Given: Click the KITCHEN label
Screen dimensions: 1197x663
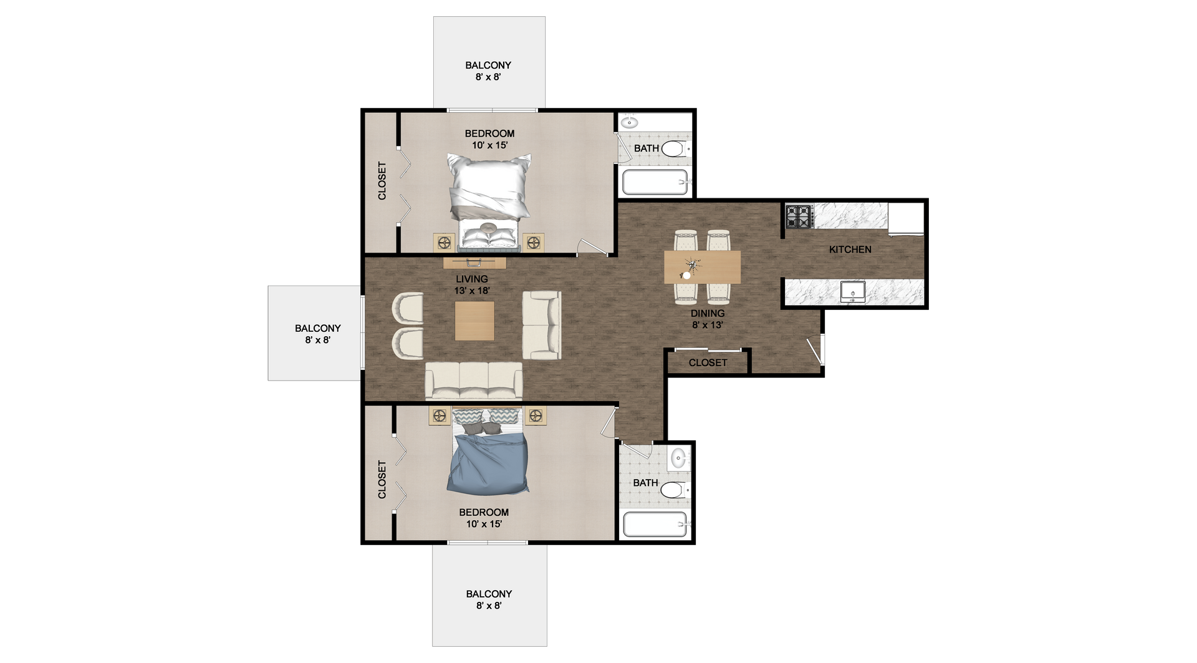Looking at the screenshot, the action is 850,249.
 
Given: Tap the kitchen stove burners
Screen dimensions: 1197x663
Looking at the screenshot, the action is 799,216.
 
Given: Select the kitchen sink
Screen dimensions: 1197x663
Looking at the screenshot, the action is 852,291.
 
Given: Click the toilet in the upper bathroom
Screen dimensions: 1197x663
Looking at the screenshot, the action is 674,148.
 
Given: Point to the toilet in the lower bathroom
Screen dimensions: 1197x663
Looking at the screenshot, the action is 674,490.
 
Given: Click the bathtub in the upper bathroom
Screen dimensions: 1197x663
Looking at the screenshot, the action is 655,183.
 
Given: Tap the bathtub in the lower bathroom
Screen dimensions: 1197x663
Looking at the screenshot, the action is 655,525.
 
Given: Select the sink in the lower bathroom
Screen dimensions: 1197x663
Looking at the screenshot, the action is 678,458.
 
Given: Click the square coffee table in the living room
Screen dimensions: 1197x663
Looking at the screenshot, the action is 474,321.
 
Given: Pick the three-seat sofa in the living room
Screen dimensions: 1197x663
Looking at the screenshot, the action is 474,380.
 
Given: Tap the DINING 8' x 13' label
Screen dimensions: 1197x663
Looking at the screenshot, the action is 708,319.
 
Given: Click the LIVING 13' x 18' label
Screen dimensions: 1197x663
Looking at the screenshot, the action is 472,285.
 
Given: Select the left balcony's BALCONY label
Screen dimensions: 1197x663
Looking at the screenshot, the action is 318,328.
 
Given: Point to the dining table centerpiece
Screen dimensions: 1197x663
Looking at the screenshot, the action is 689,268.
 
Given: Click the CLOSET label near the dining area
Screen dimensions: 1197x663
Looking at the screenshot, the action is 708,363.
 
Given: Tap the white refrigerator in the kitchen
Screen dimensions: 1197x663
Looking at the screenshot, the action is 906,220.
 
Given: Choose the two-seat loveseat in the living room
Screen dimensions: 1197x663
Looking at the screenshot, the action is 542,325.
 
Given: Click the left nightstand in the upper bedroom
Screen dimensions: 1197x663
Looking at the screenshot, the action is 444,242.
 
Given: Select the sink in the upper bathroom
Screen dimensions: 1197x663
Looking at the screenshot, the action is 630,122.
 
